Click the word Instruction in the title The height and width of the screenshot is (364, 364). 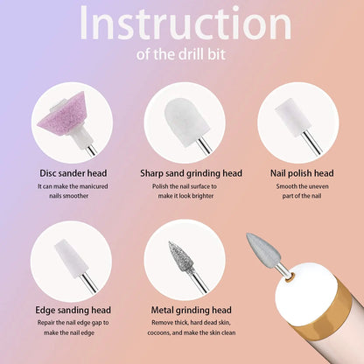point(182,24)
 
